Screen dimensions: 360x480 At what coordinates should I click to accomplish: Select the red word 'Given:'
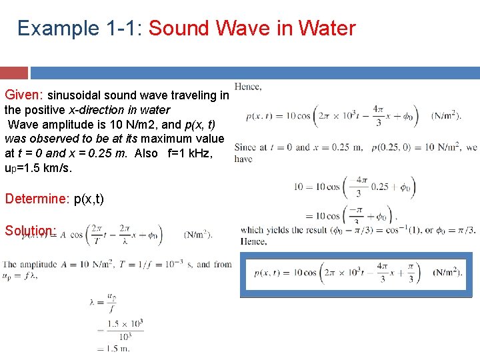coord(24,95)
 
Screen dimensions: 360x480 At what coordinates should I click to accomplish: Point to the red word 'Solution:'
coord(30,231)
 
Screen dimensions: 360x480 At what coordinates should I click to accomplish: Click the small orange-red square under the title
coord(14,73)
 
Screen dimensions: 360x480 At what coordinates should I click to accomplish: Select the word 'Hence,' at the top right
coord(248,87)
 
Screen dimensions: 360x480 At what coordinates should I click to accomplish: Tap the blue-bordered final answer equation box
coord(355,274)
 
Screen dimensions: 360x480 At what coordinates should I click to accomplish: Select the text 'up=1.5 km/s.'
coord(38,168)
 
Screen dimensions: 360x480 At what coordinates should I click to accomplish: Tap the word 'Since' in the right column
coord(245,148)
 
